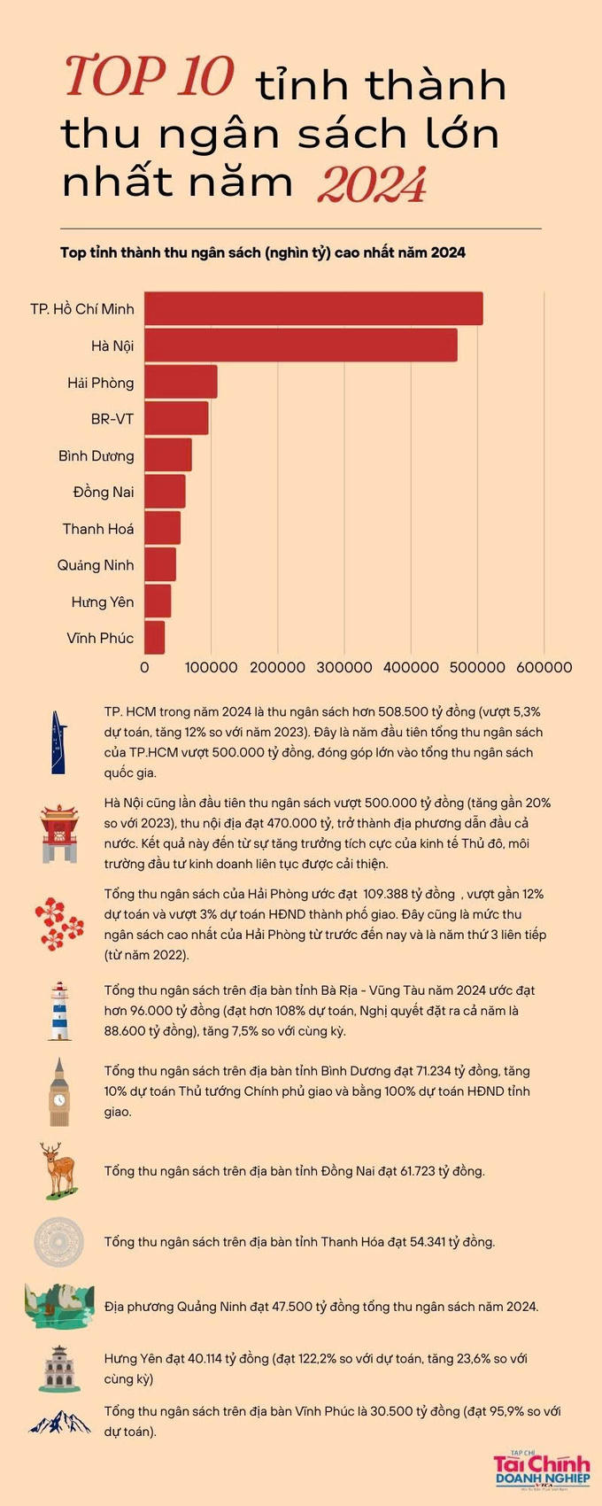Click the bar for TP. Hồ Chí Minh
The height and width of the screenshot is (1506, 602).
point(313,308)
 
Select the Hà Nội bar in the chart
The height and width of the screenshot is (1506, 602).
point(301,345)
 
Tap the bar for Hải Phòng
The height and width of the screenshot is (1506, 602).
point(181,382)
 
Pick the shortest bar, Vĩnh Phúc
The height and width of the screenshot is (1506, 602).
point(155,638)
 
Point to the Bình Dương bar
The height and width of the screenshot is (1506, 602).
point(168,455)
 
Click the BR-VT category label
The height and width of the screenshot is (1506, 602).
point(112,419)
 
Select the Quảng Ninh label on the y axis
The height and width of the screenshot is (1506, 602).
point(96,565)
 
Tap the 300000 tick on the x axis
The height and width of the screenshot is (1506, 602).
point(344,668)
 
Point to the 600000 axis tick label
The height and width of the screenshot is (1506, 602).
point(544,668)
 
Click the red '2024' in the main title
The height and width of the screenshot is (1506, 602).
point(372,185)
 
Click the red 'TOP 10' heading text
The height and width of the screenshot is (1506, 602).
point(149,77)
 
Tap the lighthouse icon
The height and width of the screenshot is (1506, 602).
point(59,1011)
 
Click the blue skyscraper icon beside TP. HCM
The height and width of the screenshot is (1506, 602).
point(58,741)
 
